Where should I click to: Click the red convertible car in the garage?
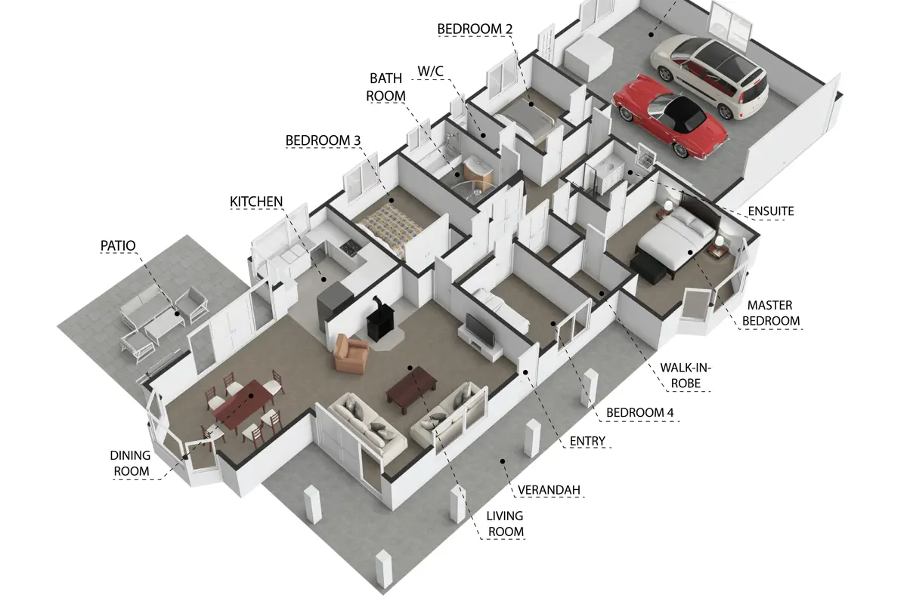pos(670,116)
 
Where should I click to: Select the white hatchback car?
pos(710,75)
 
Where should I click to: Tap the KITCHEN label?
pos(256,202)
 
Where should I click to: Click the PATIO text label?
pos(118,245)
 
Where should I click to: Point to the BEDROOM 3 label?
pos(323,140)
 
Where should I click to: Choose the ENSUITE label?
pos(770,211)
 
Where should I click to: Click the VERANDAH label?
pos(549,490)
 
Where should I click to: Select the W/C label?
pos(430,71)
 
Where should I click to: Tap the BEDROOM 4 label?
pos(639,413)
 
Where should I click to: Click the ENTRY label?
pos(587,441)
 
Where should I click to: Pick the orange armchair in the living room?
pos(351,353)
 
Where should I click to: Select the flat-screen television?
pos(480,330)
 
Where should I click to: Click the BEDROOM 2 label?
pos(475,29)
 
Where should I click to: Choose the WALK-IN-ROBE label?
pos(686,375)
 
